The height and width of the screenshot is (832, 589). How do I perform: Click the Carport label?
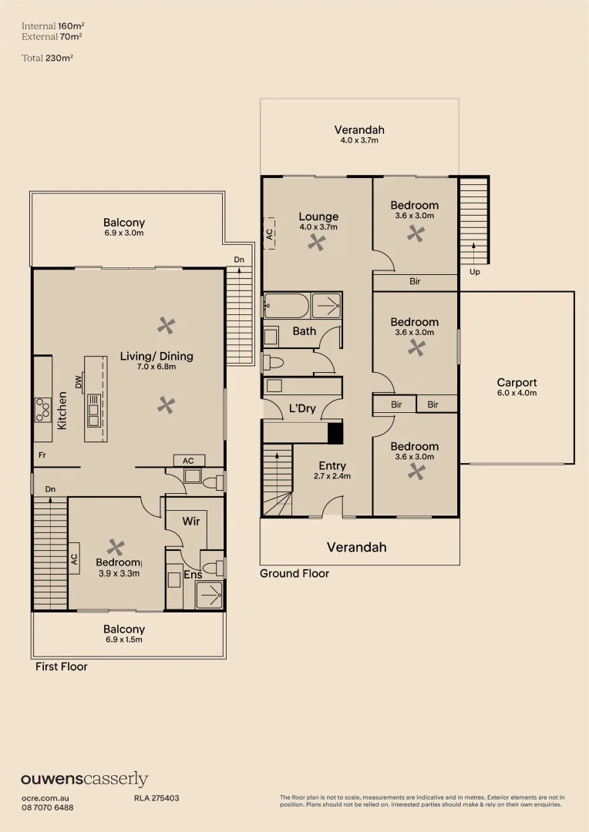point(517,383)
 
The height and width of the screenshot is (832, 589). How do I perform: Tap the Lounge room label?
point(318,216)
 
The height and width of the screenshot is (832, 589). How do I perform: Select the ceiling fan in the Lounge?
point(317,243)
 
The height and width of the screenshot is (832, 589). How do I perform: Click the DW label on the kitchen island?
point(79,382)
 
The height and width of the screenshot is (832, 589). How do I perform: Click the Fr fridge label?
point(42,455)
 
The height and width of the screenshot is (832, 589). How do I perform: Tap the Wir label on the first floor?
point(191,521)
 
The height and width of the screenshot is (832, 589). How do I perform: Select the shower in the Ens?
point(209,595)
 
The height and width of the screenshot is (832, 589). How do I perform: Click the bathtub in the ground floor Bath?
point(286,305)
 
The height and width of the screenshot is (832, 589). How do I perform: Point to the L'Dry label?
point(302,408)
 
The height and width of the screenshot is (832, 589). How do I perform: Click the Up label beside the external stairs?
point(475,272)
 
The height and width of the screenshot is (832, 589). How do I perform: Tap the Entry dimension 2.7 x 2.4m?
point(332,476)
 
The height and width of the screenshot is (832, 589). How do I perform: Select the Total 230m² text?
point(47,58)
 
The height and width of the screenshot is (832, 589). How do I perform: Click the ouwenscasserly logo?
point(85,780)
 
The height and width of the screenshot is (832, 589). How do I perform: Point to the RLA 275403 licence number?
point(157,798)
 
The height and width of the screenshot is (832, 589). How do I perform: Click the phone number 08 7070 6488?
point(48,807)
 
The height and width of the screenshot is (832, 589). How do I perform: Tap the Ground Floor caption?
point(294,574)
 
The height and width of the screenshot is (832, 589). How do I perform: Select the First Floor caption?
point(62,667)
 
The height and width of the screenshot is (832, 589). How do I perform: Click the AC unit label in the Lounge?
point(270,233)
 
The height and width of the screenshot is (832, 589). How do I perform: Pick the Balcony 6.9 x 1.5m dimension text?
point(124,640)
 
